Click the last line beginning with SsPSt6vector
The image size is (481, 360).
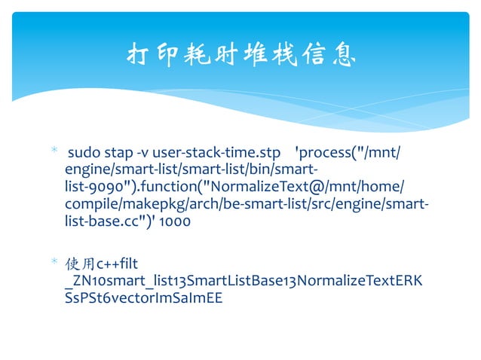[x=143, y=297]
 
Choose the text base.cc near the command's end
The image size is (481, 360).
[x=115, y=222]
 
